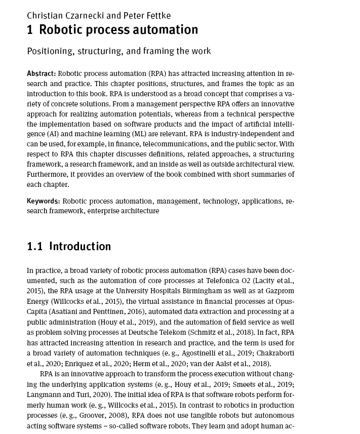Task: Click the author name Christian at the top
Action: pyautogui.click(x=46, y=15)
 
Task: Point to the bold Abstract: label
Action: pyautogui.click(x=42, y=74)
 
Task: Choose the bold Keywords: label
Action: pyautogui.click(x=44, y=202)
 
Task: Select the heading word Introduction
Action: pyautogui.click(x=80, y=247)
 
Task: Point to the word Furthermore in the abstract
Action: pyautogui.click(x=46, y=175)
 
